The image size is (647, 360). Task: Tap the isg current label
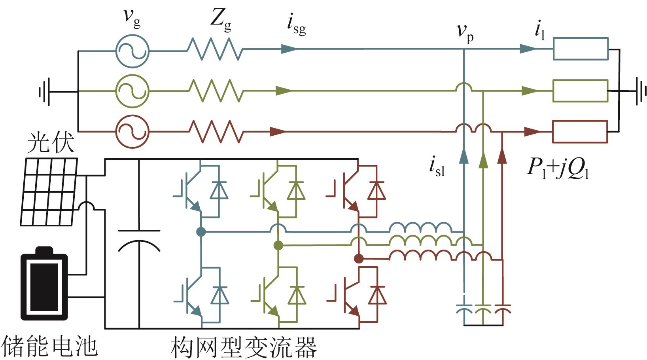(x=296, y=25)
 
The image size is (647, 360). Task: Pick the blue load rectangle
(x=581, y=38)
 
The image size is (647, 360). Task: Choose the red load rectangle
(x=580, y=121)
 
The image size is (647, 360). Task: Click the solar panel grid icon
(x=49, y=191)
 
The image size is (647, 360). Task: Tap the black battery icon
(x=44, y=283)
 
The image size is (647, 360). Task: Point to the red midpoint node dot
(x=359, y=259)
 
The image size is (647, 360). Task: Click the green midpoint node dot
(x=278, y=245)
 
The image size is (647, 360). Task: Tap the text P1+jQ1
(x=558, y=169)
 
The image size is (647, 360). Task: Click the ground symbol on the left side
(x=44, y=92)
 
